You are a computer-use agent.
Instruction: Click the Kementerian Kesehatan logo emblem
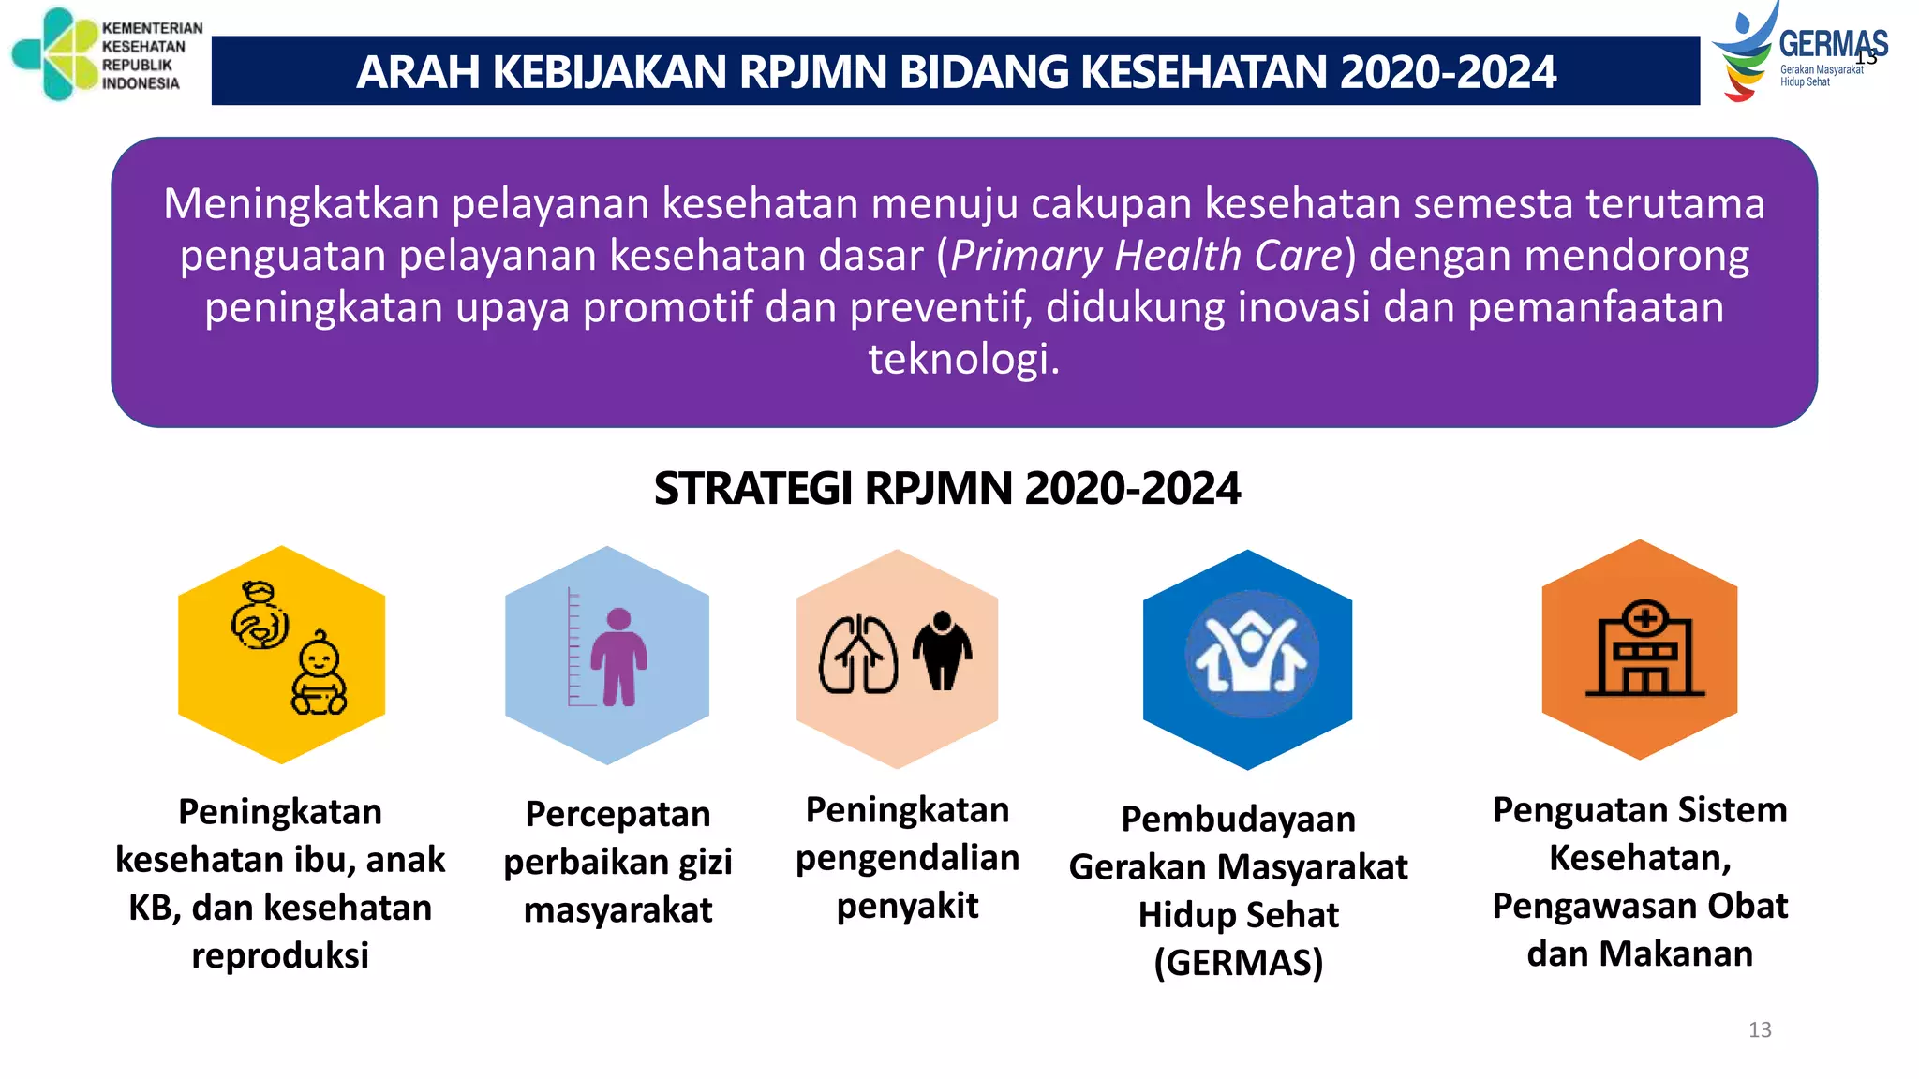click(x=54, y=54)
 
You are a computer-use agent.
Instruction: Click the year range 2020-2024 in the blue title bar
click(x=1448, y=72)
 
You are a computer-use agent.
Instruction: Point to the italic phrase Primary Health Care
click(x=1147, y=256)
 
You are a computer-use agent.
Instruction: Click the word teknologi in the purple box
click(x=963, y=359)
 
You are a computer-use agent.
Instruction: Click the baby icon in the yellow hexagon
click(x=319, y=674)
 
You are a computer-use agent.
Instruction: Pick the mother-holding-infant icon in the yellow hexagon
click(x=260, y=616)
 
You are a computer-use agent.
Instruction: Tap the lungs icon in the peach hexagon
click(x=857, y=655)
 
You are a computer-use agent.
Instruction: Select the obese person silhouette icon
click(x=942, y=651)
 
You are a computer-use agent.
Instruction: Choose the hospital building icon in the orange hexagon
click(x=1644, y=649)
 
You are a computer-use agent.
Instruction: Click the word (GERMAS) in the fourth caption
click(x=1238, y=963)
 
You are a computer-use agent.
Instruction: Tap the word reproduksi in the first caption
click(x=280, y=955)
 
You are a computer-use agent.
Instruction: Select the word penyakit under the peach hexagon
click(x=907, y=906)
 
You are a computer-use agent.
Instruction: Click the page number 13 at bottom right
click(x=1760, y=1030)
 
